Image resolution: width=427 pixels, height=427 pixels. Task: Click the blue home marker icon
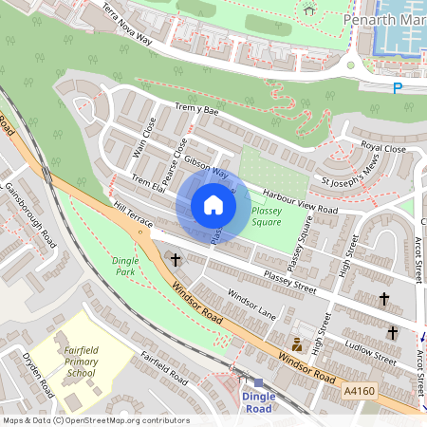[213, 205]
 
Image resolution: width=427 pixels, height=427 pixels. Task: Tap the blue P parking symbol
[398, 89]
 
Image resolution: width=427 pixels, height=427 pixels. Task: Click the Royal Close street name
[381, 148]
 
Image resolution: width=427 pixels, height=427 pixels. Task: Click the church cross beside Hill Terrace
[175, 259]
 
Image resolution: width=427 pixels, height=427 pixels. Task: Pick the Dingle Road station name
[258, 401]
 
